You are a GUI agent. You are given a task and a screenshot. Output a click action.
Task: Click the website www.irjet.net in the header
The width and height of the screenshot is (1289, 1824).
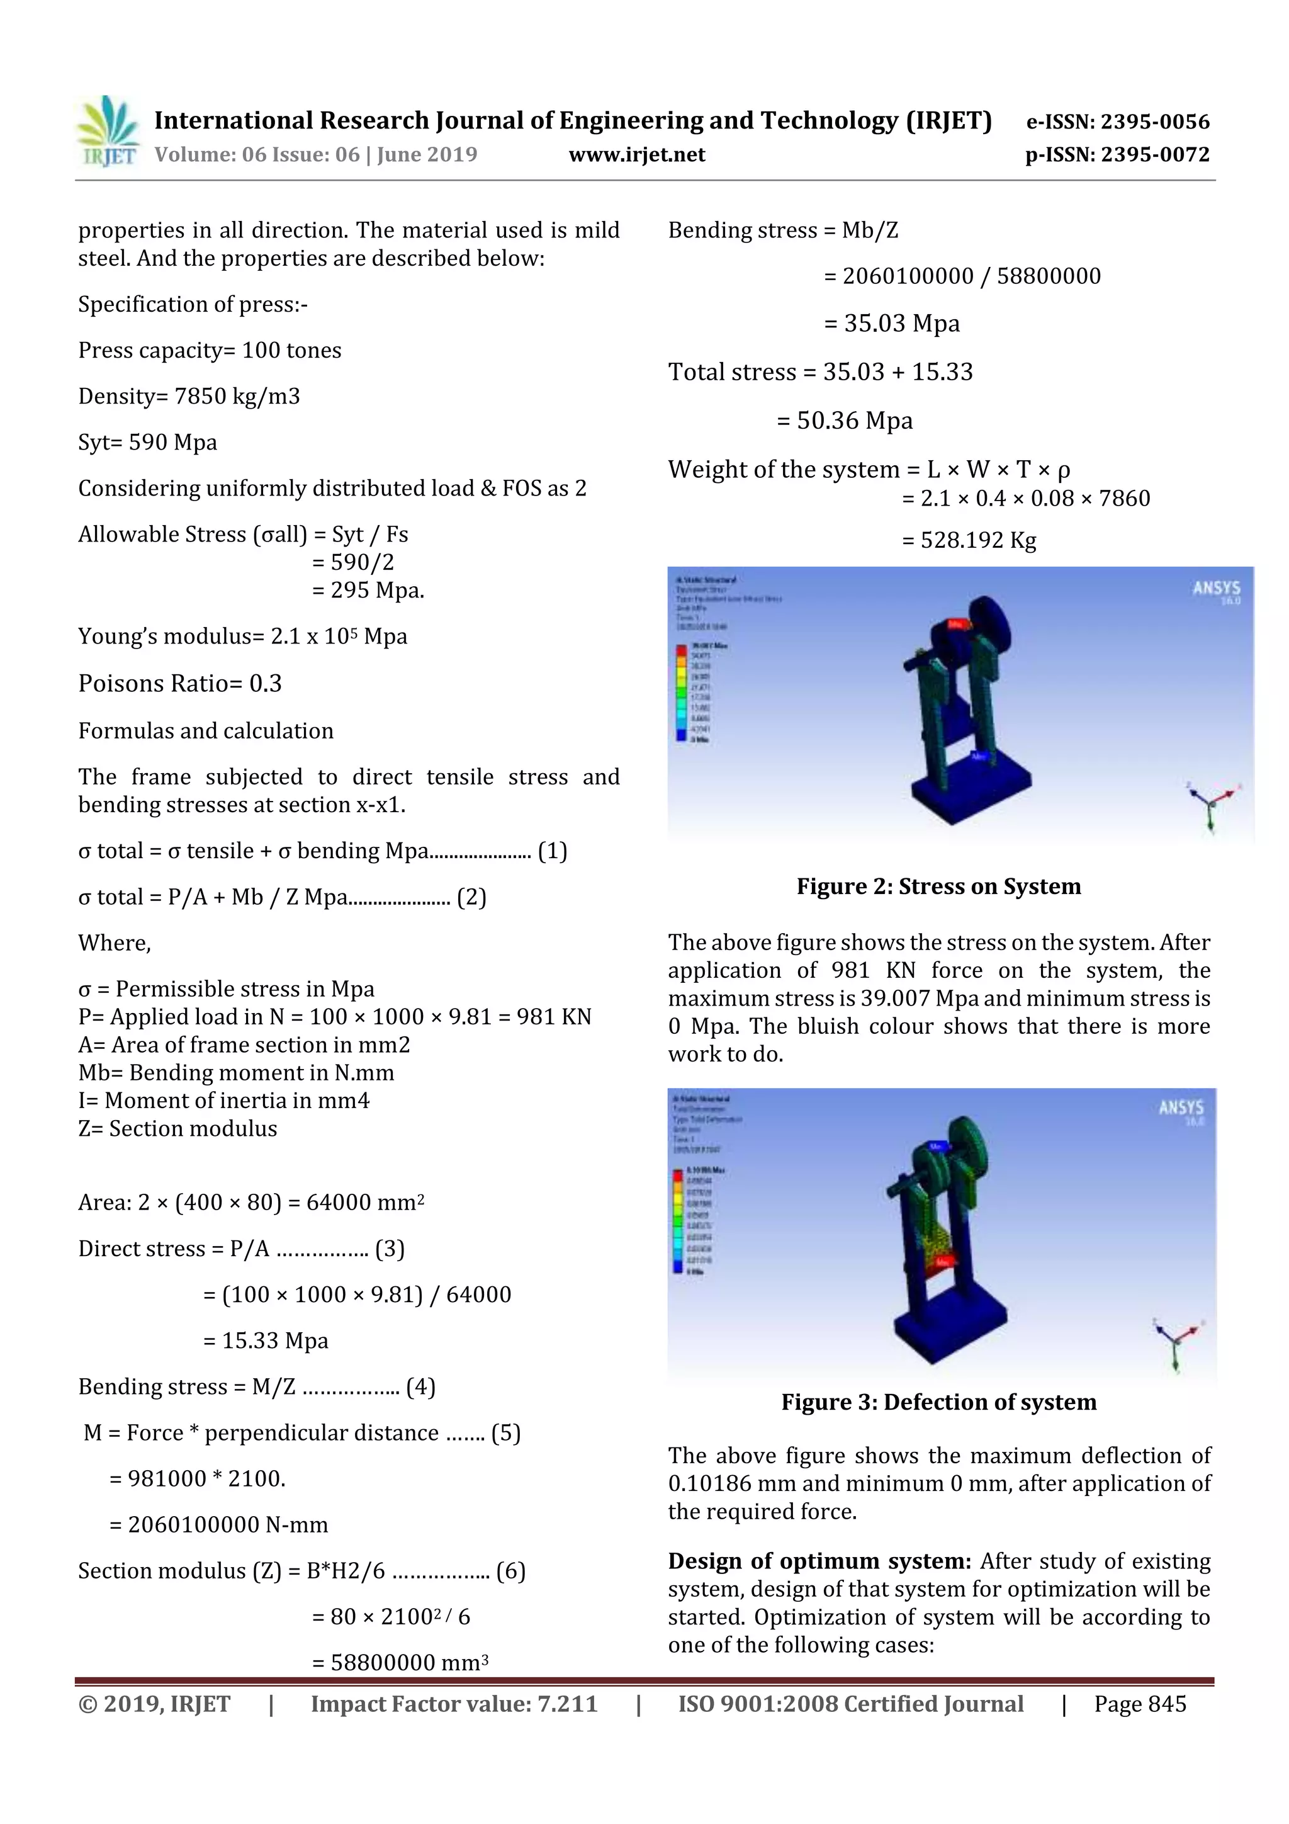point(637,155)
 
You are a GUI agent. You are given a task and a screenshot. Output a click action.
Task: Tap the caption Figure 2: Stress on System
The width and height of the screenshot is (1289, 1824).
point(939,887)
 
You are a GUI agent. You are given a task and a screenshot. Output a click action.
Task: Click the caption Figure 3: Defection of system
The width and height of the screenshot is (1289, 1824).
point(939,1402)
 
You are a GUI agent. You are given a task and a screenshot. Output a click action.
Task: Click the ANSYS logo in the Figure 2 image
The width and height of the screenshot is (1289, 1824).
point(1216,589)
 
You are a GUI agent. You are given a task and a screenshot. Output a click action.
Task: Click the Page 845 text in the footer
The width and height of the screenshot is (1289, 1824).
point(1140,1704)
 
